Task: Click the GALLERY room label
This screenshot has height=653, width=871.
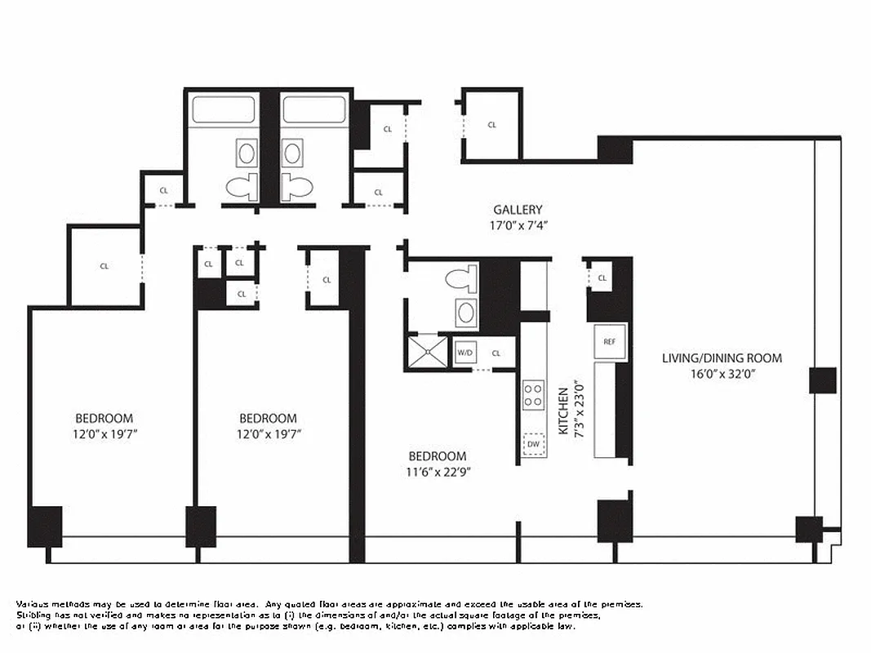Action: coord(517,210)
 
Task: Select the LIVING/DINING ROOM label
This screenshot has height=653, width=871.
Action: coord(722,358)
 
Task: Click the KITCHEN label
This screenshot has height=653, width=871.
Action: coord(563,411)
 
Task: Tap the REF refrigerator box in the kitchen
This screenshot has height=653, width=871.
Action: coord(609,342)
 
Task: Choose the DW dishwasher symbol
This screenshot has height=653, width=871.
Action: coord(534,443)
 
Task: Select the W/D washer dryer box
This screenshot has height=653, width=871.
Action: coord(464,353)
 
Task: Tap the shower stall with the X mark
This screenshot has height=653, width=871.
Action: coord(428,351)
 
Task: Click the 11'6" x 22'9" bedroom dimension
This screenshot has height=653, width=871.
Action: coord(438,471)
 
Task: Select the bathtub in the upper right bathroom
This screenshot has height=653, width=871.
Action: coord(314,110)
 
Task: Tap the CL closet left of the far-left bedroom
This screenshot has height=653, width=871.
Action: coord(104,266)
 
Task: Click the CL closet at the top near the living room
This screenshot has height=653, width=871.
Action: coord(491,125)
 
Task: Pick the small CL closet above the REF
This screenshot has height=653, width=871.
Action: coord(602,278)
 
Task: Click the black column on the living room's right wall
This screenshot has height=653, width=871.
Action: coord(822,380)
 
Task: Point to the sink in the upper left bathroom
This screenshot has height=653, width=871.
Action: coord(247,152)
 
